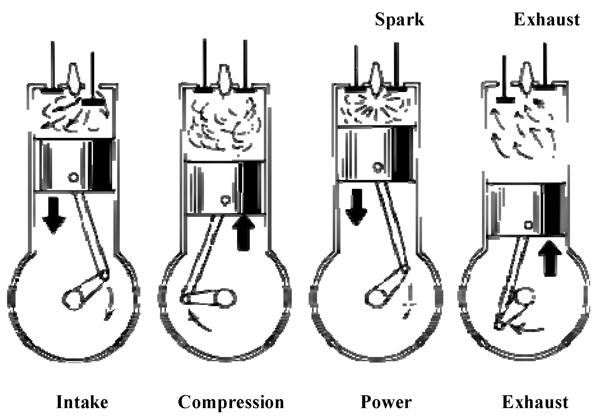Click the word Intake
click(x=82, y=402)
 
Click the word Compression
click(x=231, y=402)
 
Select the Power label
click(x=386, y=402)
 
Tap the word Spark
click(x=399, y=19)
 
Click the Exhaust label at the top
click(x=546, y=19)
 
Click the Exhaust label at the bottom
click(x=535, y=402)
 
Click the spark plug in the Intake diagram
click(x=74, y=78)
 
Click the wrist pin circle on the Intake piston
click(x=73, y=177)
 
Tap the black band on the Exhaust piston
click(x=553, y=209)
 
